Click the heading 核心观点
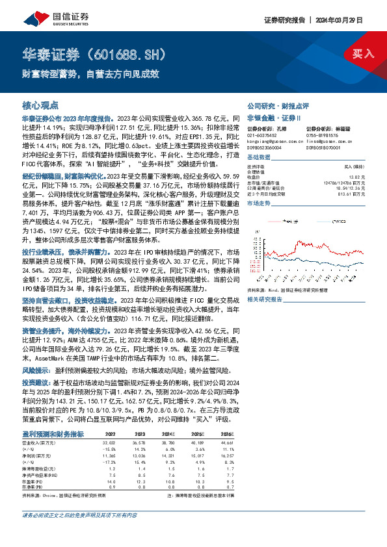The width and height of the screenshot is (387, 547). click(40, 105)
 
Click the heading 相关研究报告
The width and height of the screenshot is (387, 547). click(265, 299)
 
